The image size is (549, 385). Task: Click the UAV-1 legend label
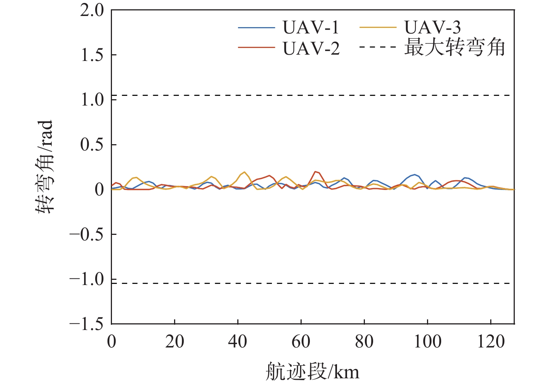pos(311,27)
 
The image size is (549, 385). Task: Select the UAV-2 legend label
pos(311,49)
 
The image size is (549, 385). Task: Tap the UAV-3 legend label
pos(432,27)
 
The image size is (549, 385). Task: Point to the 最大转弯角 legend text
pos(454,48)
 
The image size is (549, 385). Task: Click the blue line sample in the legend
pos(256,27)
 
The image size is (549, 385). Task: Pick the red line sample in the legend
pos(256,48)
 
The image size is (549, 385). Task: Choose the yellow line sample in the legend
pos(378,27)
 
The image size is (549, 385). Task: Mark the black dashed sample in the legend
pos(378,48)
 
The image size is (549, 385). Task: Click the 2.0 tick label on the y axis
pos(92,10)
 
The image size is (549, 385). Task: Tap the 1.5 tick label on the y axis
pos(92,55)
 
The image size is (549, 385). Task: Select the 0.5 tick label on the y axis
pos(92,145)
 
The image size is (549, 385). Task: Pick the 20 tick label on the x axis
pos(174,341)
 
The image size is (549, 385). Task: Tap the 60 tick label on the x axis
pos(301,341)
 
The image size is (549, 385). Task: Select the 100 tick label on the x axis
pos(428,341)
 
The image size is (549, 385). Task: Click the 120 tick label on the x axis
pos(491,341)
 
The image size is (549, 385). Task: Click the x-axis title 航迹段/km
pos(312,372)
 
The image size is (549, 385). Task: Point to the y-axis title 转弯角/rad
pos(45,167)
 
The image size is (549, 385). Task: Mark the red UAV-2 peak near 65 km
pos(315,172)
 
